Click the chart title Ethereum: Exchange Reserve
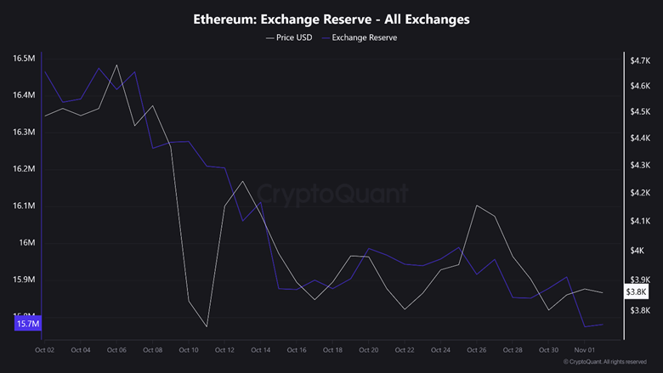pos(331,19)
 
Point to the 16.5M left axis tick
pos(24,59)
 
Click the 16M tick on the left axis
pos(26,243)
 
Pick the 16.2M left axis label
pos(24,169)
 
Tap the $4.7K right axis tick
pos(640,60)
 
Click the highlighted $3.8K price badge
pos(637,292)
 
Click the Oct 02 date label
pos(44,349)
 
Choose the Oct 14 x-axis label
pos(260,349)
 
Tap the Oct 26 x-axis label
pos(476,349)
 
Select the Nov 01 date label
pos(584,349)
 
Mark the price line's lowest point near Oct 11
pos(207,326)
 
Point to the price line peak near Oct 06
pos(116,65)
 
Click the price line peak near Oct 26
pos(477,206)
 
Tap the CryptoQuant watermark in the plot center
pos(331,194)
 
